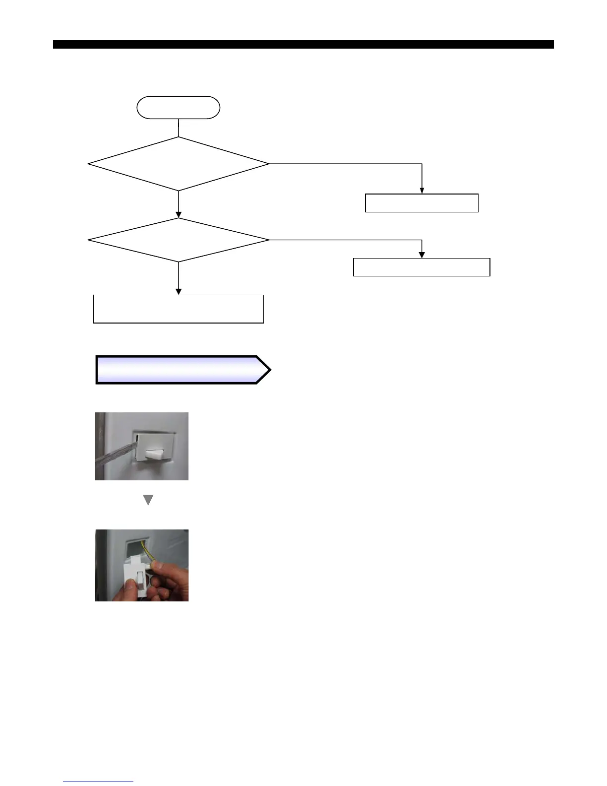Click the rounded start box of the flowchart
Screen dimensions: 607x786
(x=178, y=108)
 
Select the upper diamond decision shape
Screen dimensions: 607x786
(x=178, y=163)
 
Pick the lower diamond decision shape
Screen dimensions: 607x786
(x=178, y=240)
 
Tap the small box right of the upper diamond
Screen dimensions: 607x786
(x=422, y=203)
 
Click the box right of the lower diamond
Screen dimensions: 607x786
(x=422, y=267)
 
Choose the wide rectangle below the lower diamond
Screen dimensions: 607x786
(x=178, y=309)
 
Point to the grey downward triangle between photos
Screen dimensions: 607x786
(x=148, y=500)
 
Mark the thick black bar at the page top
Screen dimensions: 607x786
(x=303, y=45)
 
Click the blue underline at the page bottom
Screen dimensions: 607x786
(x=98, y=782)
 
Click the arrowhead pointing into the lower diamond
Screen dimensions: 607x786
(x=178, y=214)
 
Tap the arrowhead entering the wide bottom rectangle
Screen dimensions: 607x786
(x=178, y=291)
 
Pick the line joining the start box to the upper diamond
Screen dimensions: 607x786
(x=178, y=128)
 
